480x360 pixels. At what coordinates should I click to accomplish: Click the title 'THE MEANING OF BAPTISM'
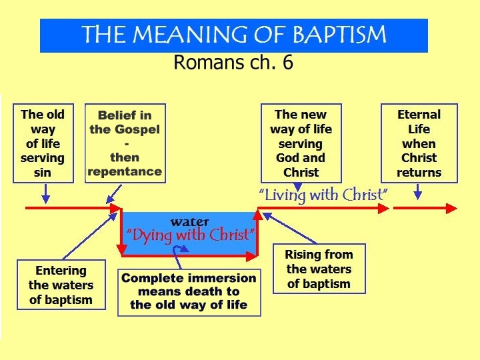(233, 35)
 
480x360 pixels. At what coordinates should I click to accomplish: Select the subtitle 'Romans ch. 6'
(233, 63)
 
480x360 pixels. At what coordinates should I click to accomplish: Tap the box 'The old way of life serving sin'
(43, 143)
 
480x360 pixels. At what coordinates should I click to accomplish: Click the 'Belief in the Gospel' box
(125, 143)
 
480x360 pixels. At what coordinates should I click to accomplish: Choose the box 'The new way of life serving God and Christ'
(301, 143)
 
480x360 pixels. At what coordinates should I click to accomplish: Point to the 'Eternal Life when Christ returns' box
(419, 143)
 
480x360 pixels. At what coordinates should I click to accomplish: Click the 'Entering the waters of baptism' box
(61, 285)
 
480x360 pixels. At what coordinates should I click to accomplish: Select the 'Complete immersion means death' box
(189, 291)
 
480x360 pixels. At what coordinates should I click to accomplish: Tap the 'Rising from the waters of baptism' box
(319, 269)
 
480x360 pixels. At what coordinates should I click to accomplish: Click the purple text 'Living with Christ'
(323, 195)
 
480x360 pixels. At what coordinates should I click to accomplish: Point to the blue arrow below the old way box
(45, 194)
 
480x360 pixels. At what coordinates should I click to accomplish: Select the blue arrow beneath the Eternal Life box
(418, 191)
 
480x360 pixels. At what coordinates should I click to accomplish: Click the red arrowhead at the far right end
(452, 209)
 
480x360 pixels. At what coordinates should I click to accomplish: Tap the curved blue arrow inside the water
(178, 250)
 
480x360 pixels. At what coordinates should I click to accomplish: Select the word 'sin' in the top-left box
(43, 173)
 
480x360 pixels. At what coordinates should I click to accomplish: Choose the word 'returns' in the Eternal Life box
(419, 173)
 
